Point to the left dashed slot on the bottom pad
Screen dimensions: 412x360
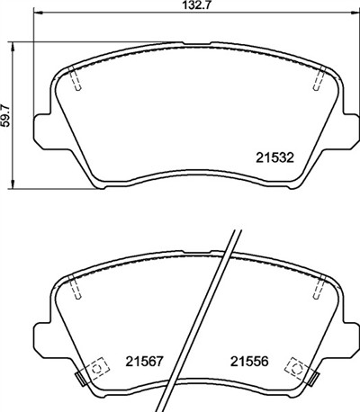[76, 288]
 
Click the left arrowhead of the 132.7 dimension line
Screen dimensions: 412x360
[37, 16]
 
